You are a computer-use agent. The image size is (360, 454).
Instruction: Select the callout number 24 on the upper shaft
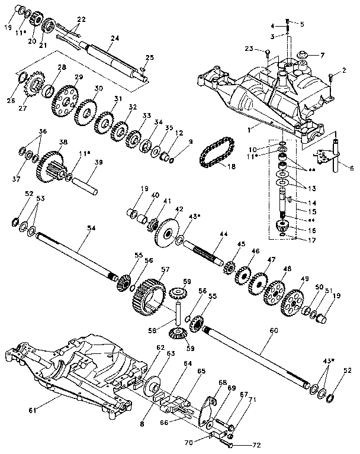(x=114, y=38)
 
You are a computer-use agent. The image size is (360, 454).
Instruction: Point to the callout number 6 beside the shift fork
(x=351, y=169)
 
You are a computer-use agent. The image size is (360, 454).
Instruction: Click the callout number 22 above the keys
(x=81, y=20)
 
